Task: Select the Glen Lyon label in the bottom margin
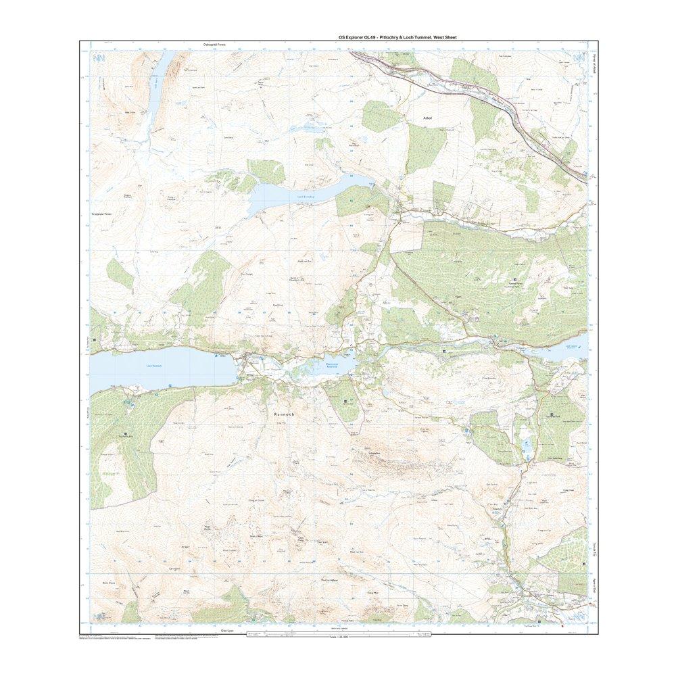point(226,630)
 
